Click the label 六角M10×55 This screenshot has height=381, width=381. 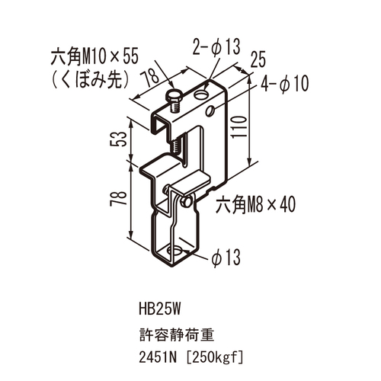pyautogui.click(x=94, y=57)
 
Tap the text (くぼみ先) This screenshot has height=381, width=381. pyautogui.click(x=91, y=81)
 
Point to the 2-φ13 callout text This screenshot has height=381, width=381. pyautogui.click(x=216, y=47)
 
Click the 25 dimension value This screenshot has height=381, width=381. pyautogui.click(x=258, y=59)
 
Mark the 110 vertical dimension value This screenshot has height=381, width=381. pyautogui.click(x=239, y=126)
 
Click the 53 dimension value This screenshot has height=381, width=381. pyautogui.click(x=118, y=139)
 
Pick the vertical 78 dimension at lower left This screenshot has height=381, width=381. pyautogui.click(x=118, y=198)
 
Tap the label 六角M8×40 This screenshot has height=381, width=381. pyautogui.click(x=255, y=205)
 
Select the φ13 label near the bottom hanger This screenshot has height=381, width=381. pyautogui.click(x=226, y=257)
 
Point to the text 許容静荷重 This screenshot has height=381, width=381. pyautogui.click(x=177, y=335)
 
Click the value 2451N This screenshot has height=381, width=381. pyautogui.click(x=158, y=358)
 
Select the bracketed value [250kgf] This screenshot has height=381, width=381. pyautogui.click(x=215, y=358)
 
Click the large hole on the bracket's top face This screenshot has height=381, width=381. pyautogui.click(x=202, y=95)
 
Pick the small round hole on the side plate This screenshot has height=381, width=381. pyautogui.click(x=210, y=110)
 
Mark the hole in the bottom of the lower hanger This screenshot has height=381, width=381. pyautogui.click(x=174, y=251)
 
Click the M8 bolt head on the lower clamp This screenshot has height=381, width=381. pyautogui.click(x=186, y=202)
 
